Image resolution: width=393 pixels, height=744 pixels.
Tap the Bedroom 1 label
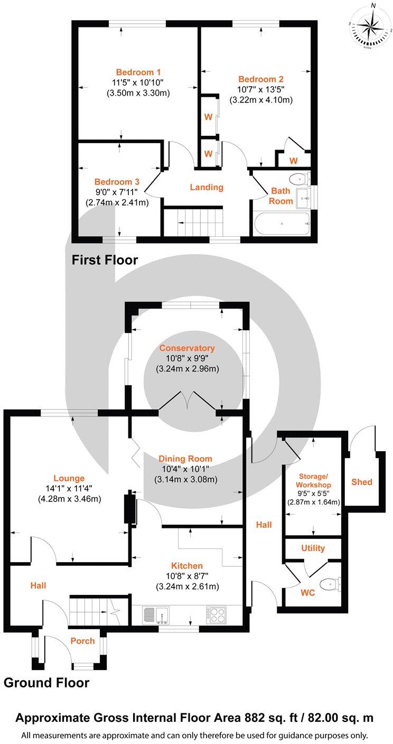coord(138,72)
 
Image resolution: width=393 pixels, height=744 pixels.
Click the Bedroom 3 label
coord(117,181)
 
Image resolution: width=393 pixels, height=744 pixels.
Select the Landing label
coord(207,187)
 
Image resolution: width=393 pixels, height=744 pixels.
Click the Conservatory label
coord(187,348)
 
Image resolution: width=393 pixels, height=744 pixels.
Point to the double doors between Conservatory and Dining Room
coord(187,401)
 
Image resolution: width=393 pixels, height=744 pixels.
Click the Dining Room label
coord(185,459)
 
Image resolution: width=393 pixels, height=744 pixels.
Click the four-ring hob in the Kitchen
coord(217,615)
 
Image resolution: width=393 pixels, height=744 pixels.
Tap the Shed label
coord(362,481)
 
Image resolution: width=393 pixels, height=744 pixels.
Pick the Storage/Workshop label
coord(314,481)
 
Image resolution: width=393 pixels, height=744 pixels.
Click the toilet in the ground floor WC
coord(331,584)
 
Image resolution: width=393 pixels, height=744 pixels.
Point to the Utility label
coord(313,548)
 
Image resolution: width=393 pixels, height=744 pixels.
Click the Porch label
coord(83,641)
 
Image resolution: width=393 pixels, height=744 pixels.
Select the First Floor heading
coord(105,260)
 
